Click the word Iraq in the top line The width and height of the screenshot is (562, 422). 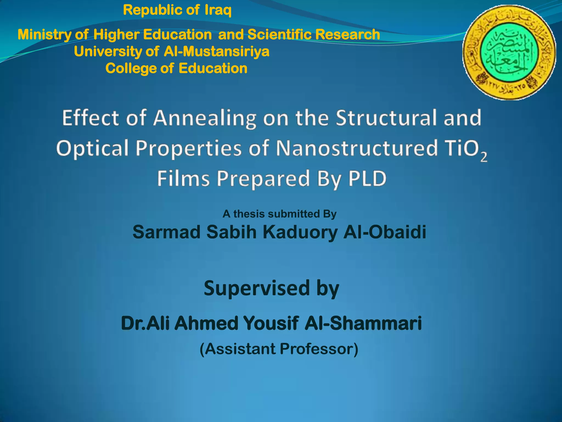[218, 11]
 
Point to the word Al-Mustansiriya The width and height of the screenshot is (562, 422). [217, 51]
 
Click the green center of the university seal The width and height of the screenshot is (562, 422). [509, 52]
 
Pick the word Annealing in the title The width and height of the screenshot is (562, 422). [205, 118]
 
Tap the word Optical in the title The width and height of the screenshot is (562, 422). [92, 148]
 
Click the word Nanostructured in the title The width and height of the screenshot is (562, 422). [356, 148]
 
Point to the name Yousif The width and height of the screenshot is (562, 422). [271, 323]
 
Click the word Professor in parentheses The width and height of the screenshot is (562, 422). [319, 349]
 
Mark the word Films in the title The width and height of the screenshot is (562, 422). [183, 179]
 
